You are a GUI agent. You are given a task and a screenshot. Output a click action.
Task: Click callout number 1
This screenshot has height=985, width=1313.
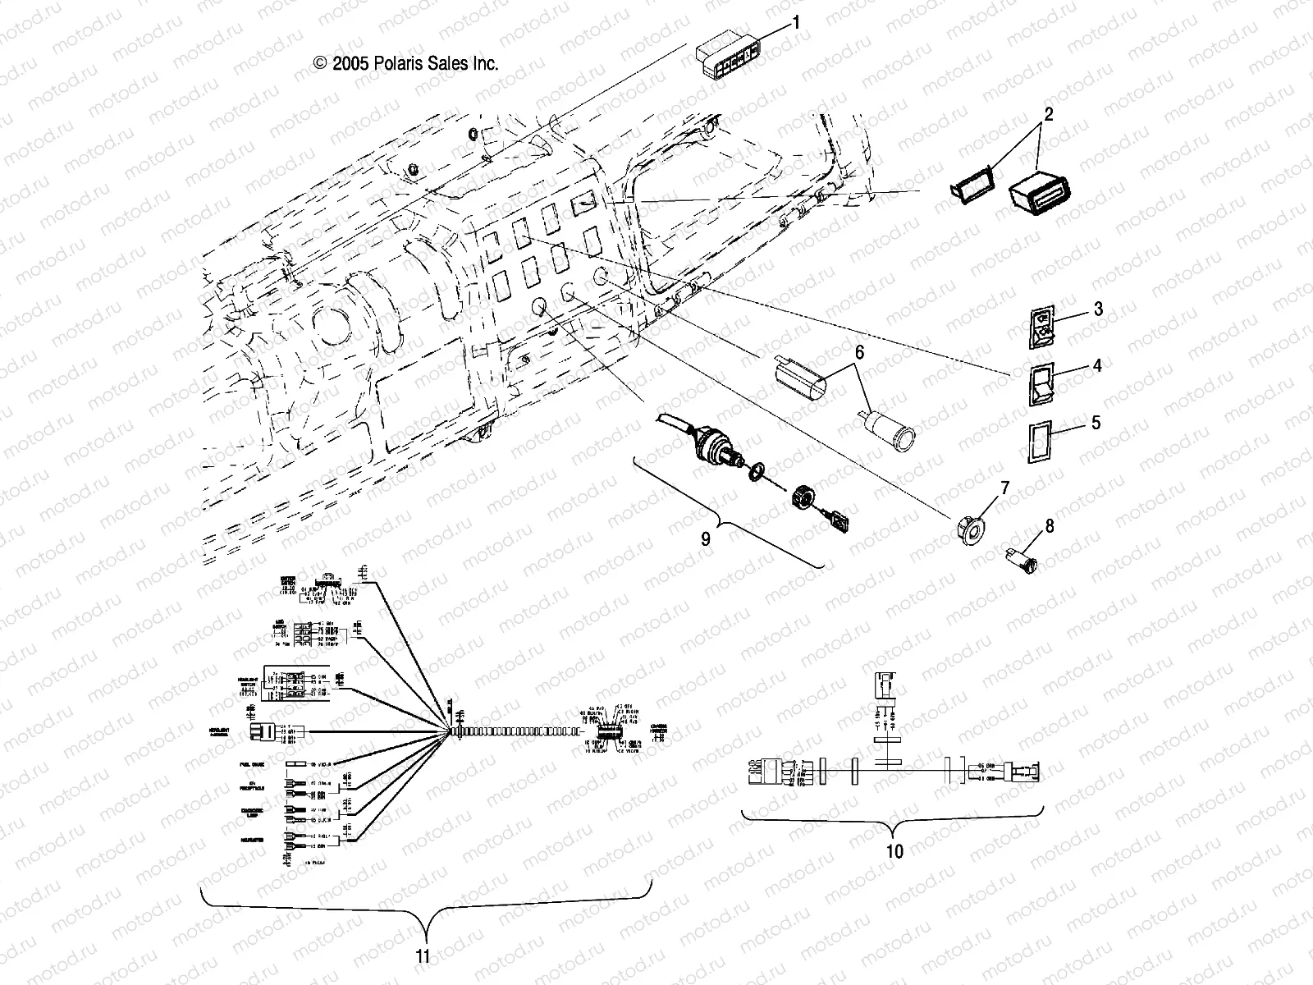[x=794, y=22]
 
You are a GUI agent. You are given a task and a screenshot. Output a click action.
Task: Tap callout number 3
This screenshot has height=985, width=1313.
[x=1098, y=309]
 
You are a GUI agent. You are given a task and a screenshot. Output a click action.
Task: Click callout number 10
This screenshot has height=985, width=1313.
[x=894, y=851]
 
